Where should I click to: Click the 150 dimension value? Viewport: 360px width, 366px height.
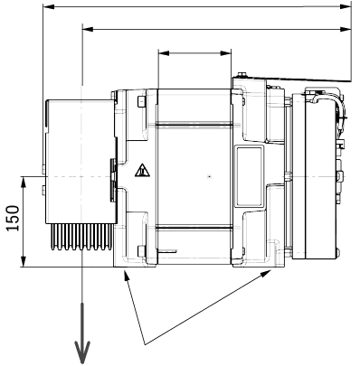tap(13, 220)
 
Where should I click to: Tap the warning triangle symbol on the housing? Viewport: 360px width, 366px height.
tap(141, 170)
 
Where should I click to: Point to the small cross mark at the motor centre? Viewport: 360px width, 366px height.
tap(209, 174)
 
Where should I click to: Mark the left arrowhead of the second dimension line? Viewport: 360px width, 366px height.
tap(87, 30)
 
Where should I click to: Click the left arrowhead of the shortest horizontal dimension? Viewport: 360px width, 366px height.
tap(162, 53)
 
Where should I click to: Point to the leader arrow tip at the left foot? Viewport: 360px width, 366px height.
tap(125, 274)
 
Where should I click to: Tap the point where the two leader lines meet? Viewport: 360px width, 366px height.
tap(145, 341)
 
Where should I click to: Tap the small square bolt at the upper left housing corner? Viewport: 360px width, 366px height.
tap(138, 101)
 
